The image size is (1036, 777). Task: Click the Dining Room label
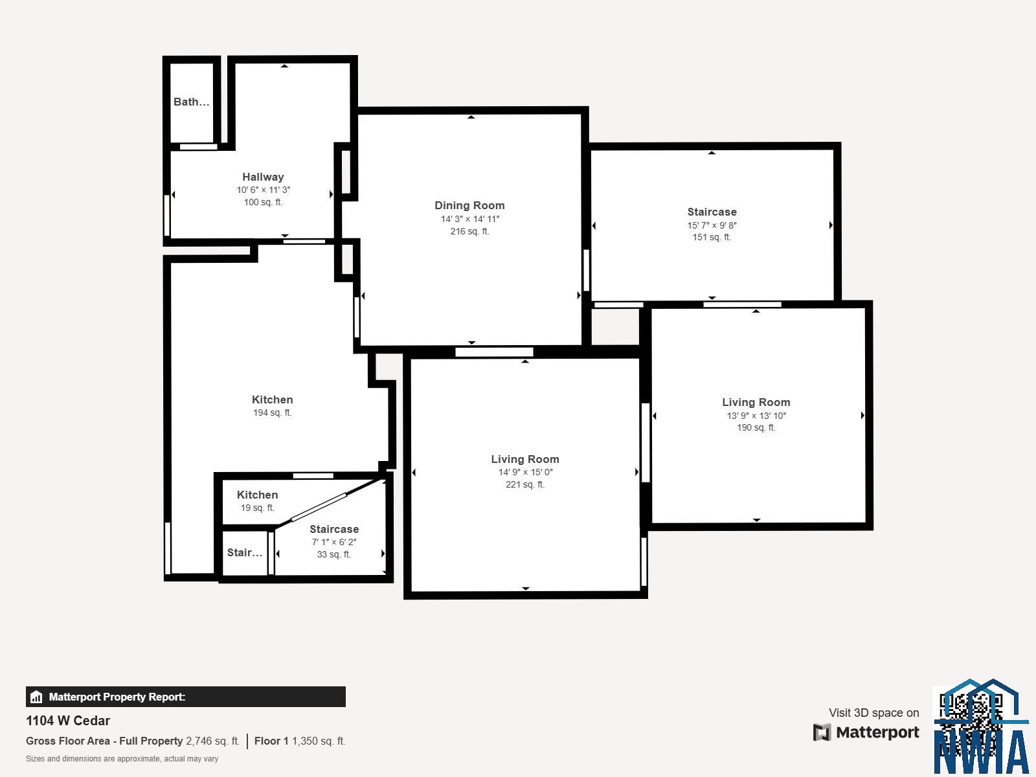click(x=469, y=205)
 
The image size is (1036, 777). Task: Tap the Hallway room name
click(x=263, y=177)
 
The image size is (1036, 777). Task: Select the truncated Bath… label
click(x=191, y=102)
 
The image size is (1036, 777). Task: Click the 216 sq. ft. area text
click(x=469, y=231)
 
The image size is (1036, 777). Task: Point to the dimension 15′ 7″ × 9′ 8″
click(x=712, y=225)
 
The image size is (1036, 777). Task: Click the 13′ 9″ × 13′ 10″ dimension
click(x=756, y=416)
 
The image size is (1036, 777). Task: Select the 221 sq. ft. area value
click(x=524, y=484)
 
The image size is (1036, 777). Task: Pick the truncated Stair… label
click(x=244, y=552)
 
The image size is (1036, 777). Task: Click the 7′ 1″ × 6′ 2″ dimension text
click(x=333, y=542)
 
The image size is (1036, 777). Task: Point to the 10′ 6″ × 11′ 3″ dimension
click(x=263, y=190)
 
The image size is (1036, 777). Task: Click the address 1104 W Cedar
click(x=68, y=721)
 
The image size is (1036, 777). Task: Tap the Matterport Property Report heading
click(x=117, y=697)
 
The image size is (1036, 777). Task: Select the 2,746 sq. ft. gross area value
click(x=212, y=741)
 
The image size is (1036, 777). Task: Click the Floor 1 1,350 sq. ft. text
click(x=300, y=741)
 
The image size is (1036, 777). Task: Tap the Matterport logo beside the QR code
click(x=866, y=732)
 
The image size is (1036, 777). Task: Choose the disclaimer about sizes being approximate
click(x=122, y=758)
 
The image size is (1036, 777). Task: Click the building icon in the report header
click(x=36, y=697)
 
